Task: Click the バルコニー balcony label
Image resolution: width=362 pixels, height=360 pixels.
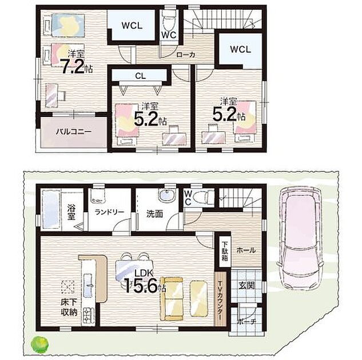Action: click(74, 132)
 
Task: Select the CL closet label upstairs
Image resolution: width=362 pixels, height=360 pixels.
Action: click(140, 76)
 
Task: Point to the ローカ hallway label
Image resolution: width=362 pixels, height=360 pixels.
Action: click(186, 55)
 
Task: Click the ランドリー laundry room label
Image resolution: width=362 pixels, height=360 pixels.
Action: click(109, 212)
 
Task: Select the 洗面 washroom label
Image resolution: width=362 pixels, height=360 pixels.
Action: click(154, 214)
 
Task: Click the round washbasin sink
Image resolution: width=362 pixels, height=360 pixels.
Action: click(167, 196)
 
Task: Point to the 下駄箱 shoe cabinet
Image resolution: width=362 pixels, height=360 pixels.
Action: click(225, 252)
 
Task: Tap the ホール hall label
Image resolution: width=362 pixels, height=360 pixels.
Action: click(246, 250)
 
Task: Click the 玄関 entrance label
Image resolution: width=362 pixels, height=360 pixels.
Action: click(246, 286)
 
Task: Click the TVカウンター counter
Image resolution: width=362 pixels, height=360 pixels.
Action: click(220, 299)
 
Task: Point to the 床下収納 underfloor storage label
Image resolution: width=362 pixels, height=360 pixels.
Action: click(69, 307)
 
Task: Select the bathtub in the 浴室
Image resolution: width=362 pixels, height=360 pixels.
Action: click(51, 209)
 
